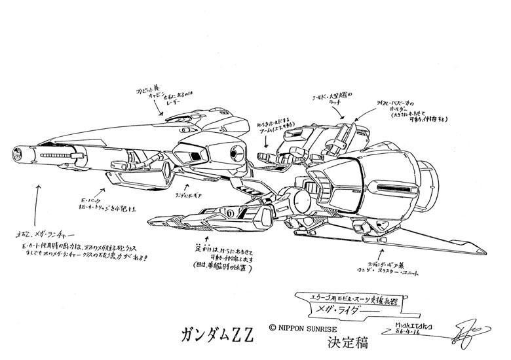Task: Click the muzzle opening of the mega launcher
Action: pos(14,155)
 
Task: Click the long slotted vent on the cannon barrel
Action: pos(62,156)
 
